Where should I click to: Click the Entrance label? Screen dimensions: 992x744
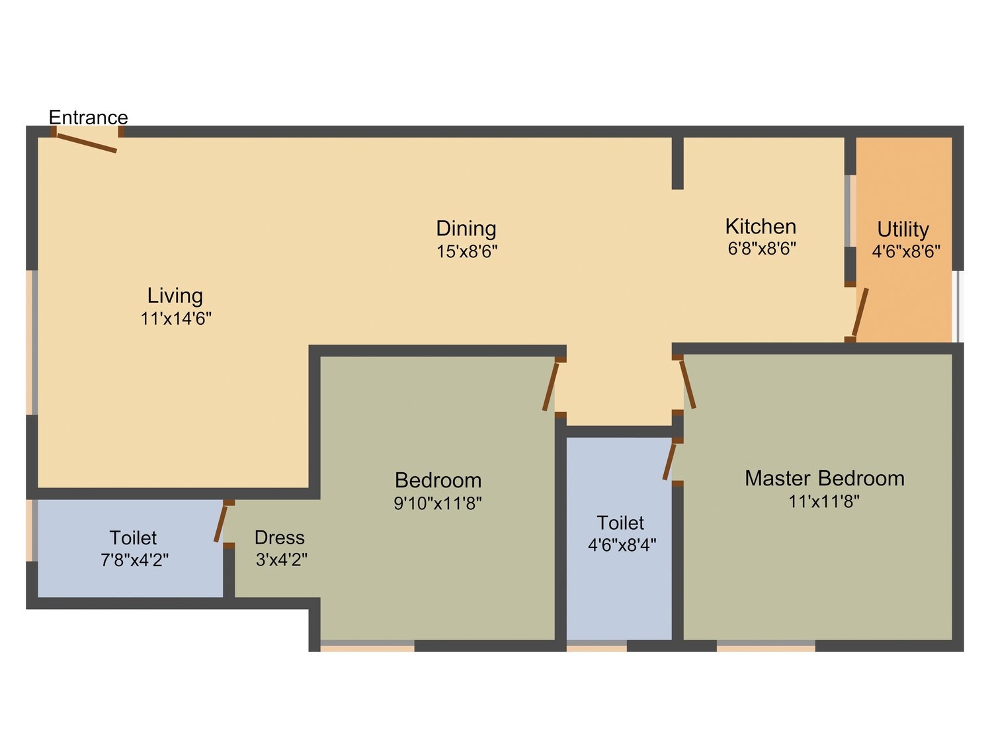88,118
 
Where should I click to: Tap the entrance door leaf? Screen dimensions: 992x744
87,143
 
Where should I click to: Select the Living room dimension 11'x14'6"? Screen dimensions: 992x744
176,319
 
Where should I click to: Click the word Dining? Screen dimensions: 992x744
466,229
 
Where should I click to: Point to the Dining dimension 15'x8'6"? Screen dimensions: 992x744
466,251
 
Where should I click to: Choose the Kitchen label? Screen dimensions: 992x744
761,227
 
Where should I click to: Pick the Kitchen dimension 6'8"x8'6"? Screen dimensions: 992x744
761,249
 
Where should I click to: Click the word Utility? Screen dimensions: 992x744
903,230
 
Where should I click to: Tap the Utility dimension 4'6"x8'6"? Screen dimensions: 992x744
905,251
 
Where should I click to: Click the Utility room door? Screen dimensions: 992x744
860,311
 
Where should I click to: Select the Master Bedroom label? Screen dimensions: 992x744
824,478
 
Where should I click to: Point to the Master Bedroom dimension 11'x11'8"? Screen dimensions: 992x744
824,501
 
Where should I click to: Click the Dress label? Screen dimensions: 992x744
279,538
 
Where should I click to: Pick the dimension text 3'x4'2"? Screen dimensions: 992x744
282,559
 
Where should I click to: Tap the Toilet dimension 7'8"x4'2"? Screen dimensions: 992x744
134,560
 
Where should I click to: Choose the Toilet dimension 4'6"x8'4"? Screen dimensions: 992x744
622,545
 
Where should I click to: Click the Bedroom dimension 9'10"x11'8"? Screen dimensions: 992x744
438,503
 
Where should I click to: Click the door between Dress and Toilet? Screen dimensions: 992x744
220,524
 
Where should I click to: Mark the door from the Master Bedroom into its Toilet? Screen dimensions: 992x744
669,462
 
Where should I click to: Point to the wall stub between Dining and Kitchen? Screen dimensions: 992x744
677,163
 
